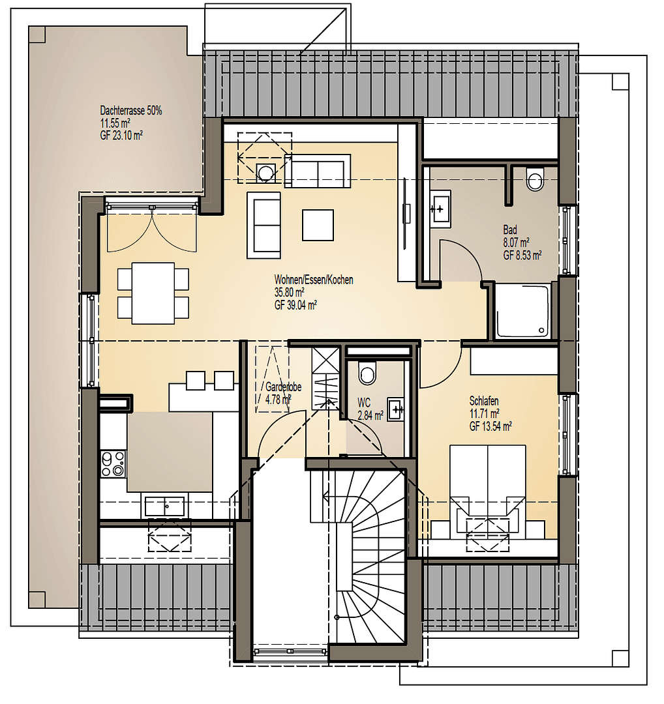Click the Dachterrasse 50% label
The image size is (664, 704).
131,111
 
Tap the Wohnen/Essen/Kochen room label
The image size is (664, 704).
314,280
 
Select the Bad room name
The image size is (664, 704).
509,230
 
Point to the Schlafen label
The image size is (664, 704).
484,402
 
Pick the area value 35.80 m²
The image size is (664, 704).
290,292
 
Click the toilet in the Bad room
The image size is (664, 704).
535,179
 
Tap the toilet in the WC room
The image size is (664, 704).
367,373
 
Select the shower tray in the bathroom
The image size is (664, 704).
522,311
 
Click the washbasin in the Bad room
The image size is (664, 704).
439,209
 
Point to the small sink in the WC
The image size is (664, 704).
396,409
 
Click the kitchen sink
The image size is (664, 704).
164,506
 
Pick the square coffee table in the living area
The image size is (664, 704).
318,224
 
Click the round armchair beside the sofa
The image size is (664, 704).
265,173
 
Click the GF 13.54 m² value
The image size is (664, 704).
490,426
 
